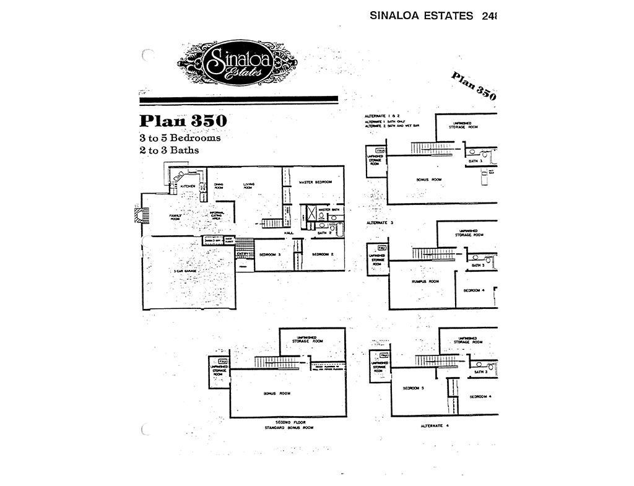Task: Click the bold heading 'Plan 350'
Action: click(x=183, y=120)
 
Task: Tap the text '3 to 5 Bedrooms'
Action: click(x=180, y=137)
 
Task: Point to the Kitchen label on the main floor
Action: click(x=188, y=186)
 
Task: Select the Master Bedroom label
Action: click(x=315, y=182)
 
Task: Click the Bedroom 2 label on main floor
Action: click(x=323, y=254)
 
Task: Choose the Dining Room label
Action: click(x=219, y=185)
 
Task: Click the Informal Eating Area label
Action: click(x=216, y=216)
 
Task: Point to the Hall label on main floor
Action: click(x=289, y=233)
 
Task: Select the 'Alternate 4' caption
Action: click(x=434, y=426)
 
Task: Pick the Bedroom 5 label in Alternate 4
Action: click(x=413, y=388)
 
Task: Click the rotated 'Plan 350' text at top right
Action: click(x=474, y=85)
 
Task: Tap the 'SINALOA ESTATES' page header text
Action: click(x=421, y=15)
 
